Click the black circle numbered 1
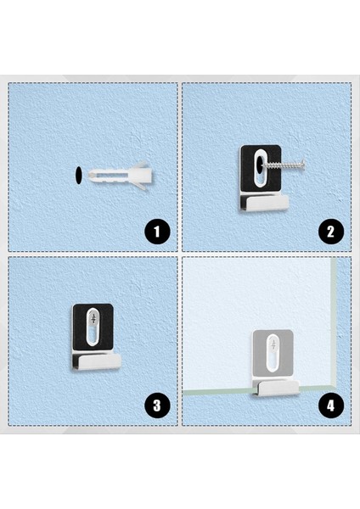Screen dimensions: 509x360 156,230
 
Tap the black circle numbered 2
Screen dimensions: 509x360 330,230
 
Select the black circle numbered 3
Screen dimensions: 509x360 156,405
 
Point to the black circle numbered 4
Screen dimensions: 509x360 330,405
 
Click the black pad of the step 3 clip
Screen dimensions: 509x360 77,314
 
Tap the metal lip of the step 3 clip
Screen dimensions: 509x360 97,362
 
